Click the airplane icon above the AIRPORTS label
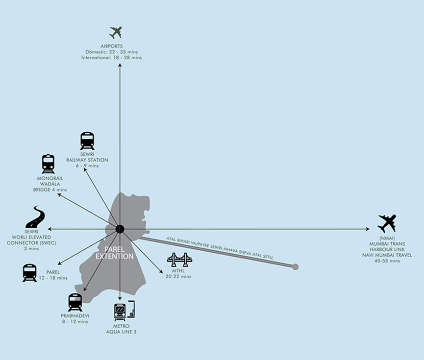(x=116, y=33)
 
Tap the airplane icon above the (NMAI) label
(x=387, y=223)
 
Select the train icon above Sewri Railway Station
(x=87, y=141)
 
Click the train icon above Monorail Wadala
(x=48, y=164)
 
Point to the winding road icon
(x=35, y=217)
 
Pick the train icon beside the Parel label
(x=29, y=272)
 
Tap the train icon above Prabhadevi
(x=75, y=302)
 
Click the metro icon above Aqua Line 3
(x=123, y=311)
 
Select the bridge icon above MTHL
(x=179, y=260)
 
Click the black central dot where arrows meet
(x=120, y=229)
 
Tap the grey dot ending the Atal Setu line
(x=295, y=267)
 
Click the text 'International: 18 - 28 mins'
(x=112, y=58)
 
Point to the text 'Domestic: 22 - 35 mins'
(x=112, y=52)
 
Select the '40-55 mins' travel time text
(x=387, y=261)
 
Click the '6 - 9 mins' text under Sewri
(x=87, y=166)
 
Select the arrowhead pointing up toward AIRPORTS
(x=120, y=65)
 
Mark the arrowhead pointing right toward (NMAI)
(x=368, y=229)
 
